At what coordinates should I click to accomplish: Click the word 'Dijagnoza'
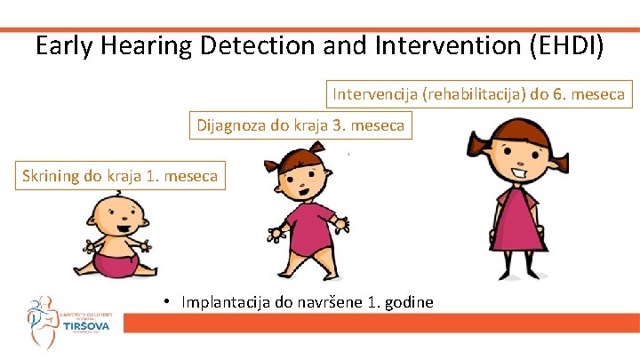tap(230, 126)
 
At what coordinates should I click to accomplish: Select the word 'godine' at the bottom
tap(410, 302)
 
